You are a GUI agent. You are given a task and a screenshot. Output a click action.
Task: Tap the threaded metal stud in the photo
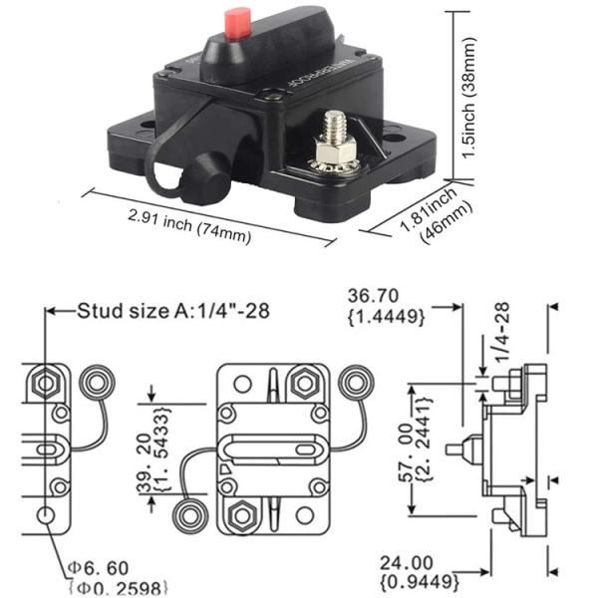335,125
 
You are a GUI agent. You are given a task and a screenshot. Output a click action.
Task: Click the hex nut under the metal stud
335,149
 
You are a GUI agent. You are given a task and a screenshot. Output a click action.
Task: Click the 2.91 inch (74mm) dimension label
189,226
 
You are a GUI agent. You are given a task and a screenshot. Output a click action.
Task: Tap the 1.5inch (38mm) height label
468,98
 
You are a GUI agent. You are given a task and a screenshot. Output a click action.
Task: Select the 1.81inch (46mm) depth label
436,214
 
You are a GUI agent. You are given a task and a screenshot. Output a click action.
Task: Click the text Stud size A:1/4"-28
173,311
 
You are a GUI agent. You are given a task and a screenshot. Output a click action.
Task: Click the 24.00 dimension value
407,563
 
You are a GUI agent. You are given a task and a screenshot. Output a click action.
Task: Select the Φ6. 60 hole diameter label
98,568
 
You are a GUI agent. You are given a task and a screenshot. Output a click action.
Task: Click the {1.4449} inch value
386,316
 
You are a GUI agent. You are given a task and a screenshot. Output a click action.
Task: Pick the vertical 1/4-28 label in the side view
502,332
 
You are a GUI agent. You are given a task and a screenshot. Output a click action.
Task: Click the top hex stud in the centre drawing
304,384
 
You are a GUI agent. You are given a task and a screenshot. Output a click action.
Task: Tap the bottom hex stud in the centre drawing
241,515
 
